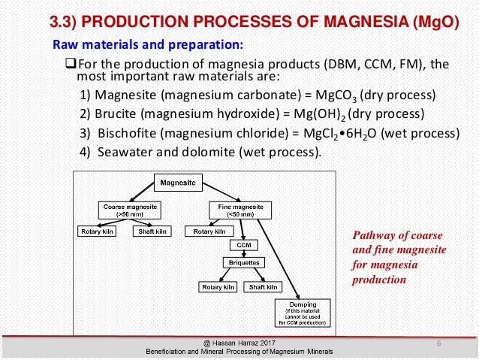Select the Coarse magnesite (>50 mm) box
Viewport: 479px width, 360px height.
(124, 209)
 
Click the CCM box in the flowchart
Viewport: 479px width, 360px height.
(243, 246)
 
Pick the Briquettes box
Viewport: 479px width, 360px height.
(243, 262)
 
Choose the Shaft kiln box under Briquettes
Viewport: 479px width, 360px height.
(263, 286)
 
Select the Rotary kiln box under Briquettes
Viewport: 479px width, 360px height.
(218, 286)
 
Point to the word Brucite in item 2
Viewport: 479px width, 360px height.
(115, 116)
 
